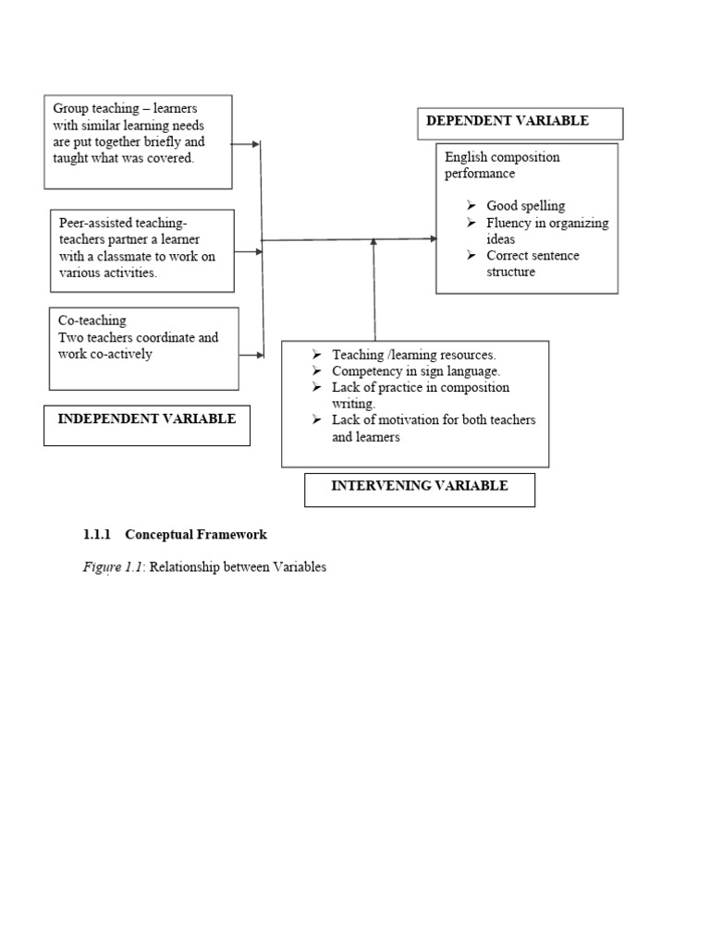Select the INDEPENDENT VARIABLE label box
(x=147, y=420)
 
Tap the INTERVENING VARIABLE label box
(x=420, y=487)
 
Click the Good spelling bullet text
(x=525, y=206)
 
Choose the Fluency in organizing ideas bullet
(x=546, y=231)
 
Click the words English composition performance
(x=502, y=165)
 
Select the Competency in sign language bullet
(x=416, y=371)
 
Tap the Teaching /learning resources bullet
(x=414, y=355)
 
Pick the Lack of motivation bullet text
(x=433, y=429)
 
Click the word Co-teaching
(x=92, y=321)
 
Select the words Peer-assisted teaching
(x=123, y=223)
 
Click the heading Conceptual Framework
(x=196, y=535)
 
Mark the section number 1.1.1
(x=97, y=535)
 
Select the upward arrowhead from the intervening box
(x=374, y=242)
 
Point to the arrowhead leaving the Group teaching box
(x=256, y=144)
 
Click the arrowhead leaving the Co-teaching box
(x=259, y=355)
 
